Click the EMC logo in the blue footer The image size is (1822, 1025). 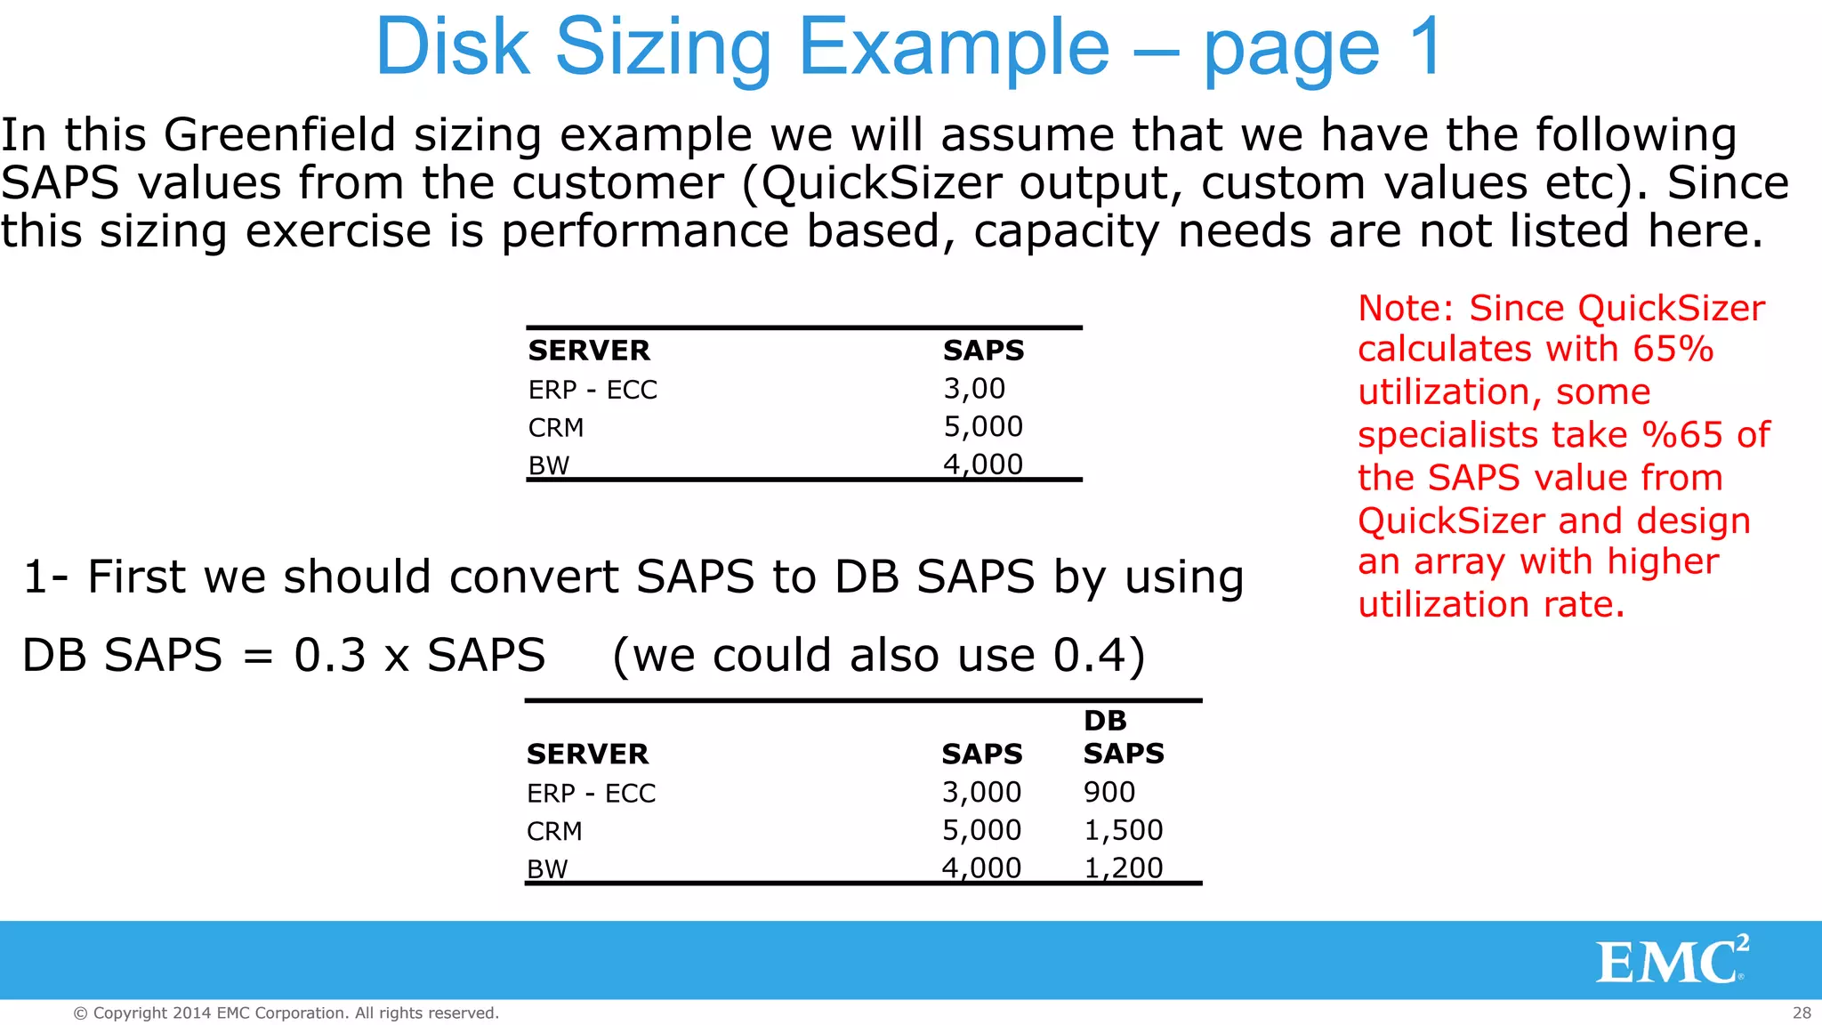pyautogui.click(x=1671, y=961)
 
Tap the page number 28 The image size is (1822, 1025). pyautogui.click(x=1802, y=1013)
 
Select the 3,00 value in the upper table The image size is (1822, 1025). pyautogui.click(x=974, y=389)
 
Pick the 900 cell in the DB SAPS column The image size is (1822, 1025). pyautogui.click(x=1109, y=792)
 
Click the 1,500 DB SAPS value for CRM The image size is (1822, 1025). pyautogui.click(x=1123, y=830)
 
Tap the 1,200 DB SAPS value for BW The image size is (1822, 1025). pyautogui.click(x=1123, y=868)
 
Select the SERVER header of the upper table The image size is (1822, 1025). pyautogui.click(x=589, y=351)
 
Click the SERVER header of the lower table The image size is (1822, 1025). pyautogui.click(x=587, y=755)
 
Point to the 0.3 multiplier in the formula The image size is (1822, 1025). pyautogui.click(x=329, y=656)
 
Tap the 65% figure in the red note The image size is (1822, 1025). pyautogui.click(x=1673, y=349)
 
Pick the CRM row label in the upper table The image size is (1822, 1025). pyautogui.click(x=556, y=428)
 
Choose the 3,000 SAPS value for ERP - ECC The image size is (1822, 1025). pyautogui.click(x=981, y=792)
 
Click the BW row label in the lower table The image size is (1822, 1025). pyautogui.click(x=547, y=868)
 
